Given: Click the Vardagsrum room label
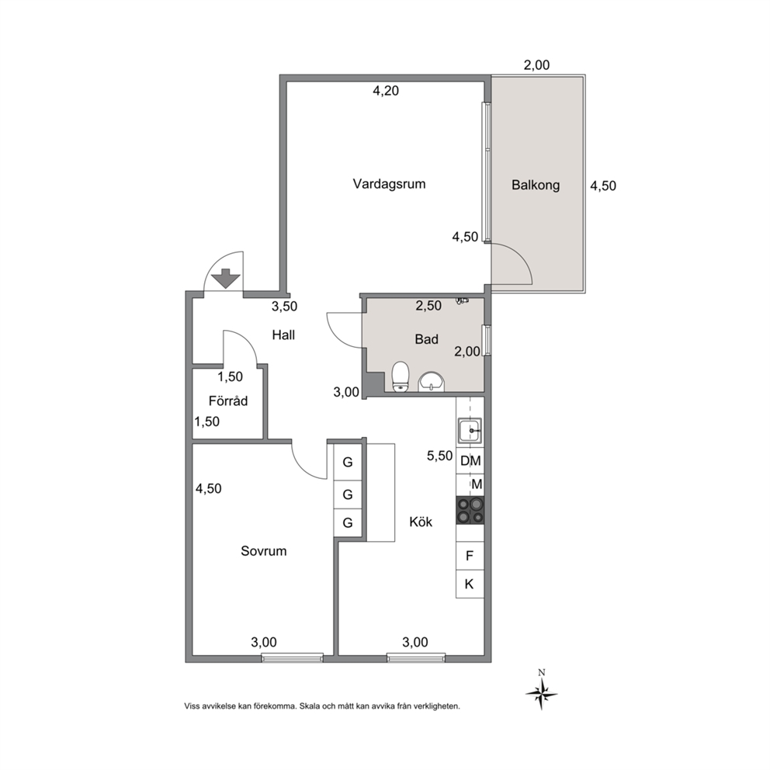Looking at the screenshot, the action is tap(389, 184).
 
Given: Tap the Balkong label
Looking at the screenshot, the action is tap(536, 186).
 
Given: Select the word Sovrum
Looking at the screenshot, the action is tap(264, 551).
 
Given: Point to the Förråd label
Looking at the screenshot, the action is tap(228, 401).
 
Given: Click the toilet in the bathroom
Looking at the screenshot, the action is tap(401, 376).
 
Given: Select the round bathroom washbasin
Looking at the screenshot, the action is tap(431, 382).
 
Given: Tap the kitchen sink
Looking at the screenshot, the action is tap(470, 431).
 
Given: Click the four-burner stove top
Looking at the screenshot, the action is tap(470, 510).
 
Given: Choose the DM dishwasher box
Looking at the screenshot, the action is tap(470, 460).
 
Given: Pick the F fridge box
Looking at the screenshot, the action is tap(470, 556).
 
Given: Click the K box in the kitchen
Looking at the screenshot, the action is tap(470, 584).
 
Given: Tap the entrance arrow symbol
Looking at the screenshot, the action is tap(225, 279).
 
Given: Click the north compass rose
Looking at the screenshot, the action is tap(541, 693).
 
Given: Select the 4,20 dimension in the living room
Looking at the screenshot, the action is tap(386, 91).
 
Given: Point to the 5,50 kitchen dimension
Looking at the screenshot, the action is tap(439, 456).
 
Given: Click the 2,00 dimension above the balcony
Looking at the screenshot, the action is tap(536, 65).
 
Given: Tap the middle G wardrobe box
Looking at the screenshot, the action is tap(348, 494).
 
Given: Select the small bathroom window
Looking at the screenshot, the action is tap(487, 340).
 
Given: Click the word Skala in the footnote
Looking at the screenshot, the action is tap(310, 706).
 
